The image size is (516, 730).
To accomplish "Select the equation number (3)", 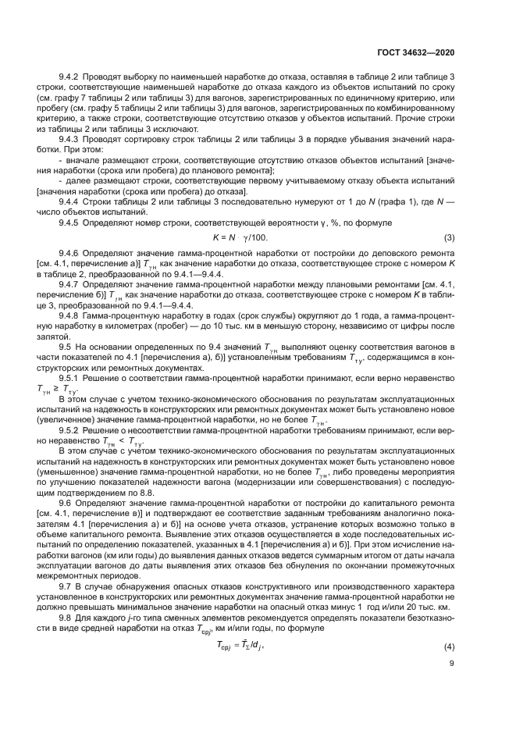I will click(449, 237).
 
